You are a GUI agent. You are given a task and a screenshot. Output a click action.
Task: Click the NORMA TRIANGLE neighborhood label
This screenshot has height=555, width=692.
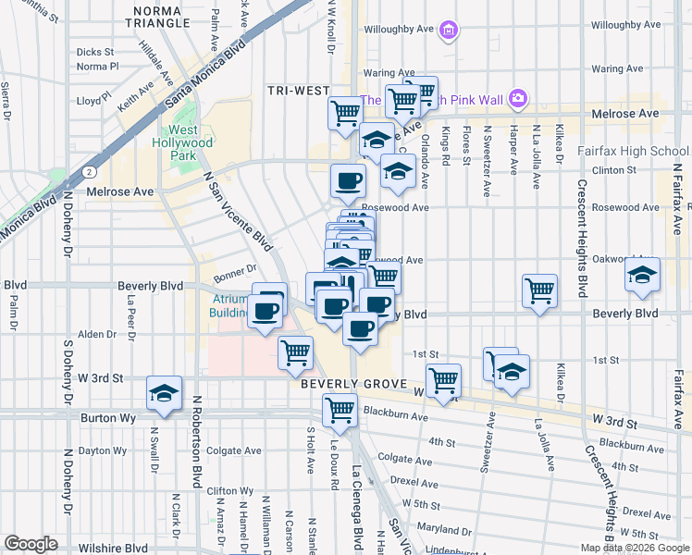[165, 18]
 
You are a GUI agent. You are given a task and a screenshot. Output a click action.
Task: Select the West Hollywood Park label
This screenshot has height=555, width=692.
[182, 143]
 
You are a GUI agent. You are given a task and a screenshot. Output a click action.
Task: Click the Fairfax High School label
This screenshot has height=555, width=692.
[632, 150]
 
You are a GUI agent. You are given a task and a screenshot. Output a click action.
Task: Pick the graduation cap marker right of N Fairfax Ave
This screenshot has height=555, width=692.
[642, 274]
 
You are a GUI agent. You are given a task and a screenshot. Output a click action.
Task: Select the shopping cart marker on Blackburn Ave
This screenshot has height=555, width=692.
[340, 407]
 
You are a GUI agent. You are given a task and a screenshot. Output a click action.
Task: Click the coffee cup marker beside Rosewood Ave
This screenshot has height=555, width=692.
[348, 179]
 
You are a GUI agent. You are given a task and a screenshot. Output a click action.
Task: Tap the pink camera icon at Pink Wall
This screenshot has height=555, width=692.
[517, 98]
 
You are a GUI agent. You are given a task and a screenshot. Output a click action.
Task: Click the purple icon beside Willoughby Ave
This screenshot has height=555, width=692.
[449, 31]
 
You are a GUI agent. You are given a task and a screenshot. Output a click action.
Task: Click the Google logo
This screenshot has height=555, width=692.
[31, 544]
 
